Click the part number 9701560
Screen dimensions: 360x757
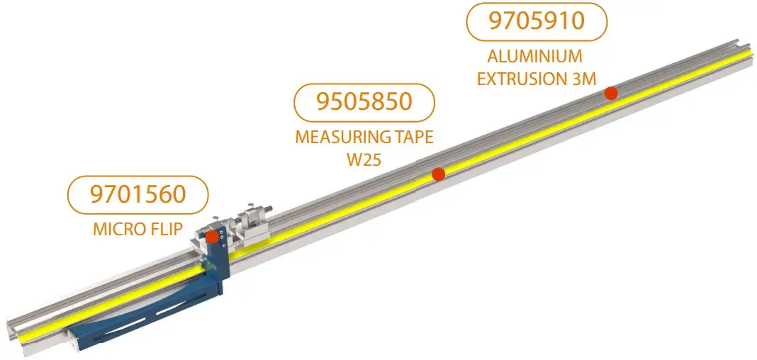pos(138,193)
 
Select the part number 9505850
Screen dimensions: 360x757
pos(364,101)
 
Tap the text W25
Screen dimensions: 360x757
pos(364,159)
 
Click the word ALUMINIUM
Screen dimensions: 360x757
pos(525,57)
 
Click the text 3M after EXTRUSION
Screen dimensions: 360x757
pos(583,78)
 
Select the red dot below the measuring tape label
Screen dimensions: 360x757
pos(439,173)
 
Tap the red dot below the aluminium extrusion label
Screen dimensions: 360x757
pos(610,93)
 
